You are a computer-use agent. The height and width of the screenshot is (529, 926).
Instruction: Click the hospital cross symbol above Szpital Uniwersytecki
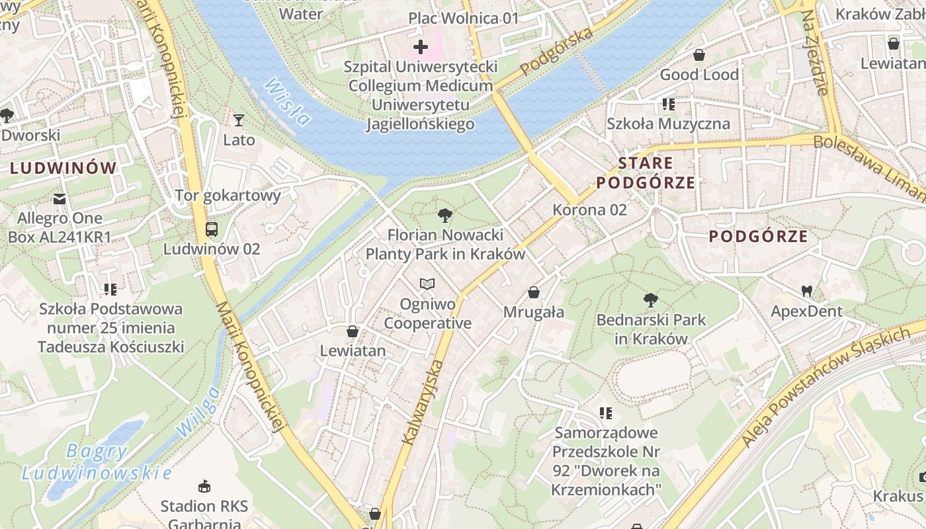tap(421, 47)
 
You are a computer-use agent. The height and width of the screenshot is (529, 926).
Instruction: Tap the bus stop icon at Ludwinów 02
tap(212, 229)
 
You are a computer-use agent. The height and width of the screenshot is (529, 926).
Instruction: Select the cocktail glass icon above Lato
tap(239, 120)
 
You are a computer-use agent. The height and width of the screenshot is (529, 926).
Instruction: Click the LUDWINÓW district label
tap(63, 168)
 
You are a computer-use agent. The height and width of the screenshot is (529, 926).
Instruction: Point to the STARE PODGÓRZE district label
tap(646, 173)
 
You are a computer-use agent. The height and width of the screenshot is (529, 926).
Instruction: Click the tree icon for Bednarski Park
tap(651, 300)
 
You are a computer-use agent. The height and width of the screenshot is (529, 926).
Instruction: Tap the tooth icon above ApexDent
tap(806, 290)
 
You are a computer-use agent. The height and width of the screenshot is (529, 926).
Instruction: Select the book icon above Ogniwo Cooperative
tap(428, 284)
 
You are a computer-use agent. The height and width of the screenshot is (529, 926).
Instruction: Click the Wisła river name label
tap(286, 102)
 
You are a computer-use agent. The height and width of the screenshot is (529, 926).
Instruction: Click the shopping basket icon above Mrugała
tap(534, 292)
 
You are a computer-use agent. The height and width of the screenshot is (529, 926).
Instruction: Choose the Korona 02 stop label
tap(589, 210)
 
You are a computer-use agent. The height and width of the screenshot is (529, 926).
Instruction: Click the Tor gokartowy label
tap(228, 195)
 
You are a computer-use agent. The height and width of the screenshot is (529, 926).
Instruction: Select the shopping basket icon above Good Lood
tap(699, 54)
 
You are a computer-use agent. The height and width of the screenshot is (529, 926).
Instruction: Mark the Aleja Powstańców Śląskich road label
tap(835, 387)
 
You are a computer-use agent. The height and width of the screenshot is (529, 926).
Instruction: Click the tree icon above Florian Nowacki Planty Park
tap(445, 214)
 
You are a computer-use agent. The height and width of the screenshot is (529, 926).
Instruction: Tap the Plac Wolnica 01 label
tap(463, 18)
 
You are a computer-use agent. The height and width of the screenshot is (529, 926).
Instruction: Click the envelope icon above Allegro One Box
tap(60, 198)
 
